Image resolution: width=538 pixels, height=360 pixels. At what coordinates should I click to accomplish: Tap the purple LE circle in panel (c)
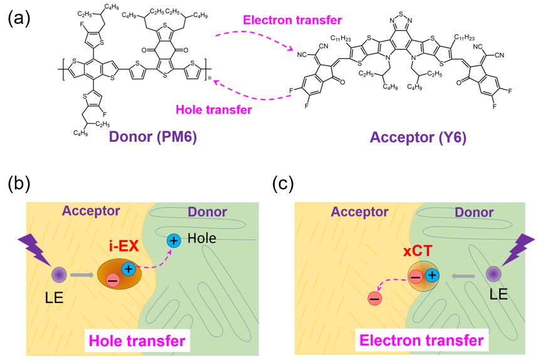click(x=493, y=275)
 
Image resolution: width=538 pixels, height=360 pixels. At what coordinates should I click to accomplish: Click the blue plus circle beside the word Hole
click(x=174, y=240)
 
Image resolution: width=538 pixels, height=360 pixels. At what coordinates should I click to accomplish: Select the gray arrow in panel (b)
click(x=83, y=275)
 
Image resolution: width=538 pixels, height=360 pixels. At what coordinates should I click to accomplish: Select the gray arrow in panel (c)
click(x=463, y=275)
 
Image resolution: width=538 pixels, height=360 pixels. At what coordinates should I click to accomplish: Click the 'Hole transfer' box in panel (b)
click(x=139, y=341)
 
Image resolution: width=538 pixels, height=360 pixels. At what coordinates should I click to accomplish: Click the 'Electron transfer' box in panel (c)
click(x=421, y=341)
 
